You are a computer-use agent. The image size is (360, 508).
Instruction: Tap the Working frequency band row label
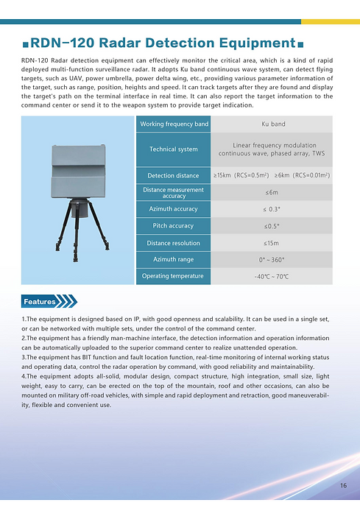[x=174, y=124]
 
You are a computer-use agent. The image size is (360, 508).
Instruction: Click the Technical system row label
[x=174, y=149]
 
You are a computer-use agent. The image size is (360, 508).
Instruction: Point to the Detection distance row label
[x=174, y=176]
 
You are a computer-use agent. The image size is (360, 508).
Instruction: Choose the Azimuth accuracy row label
[x=174, y=209]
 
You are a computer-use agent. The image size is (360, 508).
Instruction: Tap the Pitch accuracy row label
[x=174, y=226]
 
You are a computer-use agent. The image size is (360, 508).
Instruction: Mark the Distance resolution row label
[x=174, y=243]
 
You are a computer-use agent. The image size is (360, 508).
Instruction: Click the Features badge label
[x=40, y=302]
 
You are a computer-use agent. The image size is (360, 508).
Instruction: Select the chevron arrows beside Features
[x=67, y=302]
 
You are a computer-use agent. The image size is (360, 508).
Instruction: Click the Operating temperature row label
[x=174, y=276]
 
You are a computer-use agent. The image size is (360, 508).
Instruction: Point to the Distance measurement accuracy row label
[x=174, y=193]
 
